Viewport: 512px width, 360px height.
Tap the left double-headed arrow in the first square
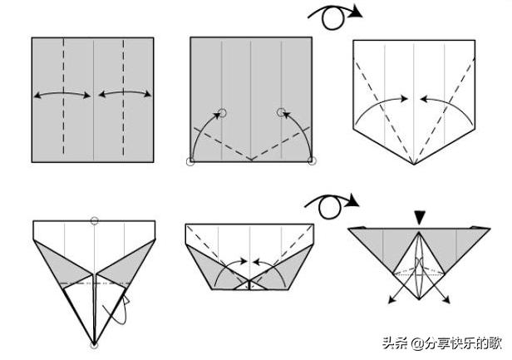[x=62, y=94]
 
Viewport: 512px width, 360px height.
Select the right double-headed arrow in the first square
[x=125, y=93]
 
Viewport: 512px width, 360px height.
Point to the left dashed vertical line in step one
[x=64, y=96]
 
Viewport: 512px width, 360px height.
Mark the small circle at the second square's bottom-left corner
[x=190, y=161]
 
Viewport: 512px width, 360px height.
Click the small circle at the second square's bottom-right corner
[x=313, y=160]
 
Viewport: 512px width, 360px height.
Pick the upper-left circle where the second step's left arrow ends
[x=222, y=113]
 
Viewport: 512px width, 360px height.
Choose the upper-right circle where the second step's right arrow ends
[x=281, y=112]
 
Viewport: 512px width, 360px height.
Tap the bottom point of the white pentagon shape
[x=414, y=165]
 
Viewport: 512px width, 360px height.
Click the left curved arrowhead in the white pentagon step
[x=405, y=98]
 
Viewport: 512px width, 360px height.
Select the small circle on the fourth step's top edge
[x=95, y=220]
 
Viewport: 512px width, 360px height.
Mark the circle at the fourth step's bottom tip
[x=94, y=345]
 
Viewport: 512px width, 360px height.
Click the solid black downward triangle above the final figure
[x=420, y=218]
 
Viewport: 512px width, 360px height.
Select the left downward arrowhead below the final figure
[x=391, y=299]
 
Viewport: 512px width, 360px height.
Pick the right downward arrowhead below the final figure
[x=446, y=299]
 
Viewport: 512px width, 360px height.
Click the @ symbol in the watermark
[x=417, y=344]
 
